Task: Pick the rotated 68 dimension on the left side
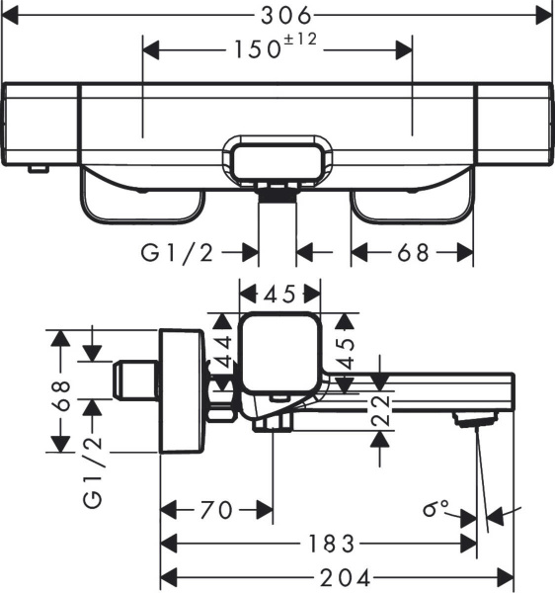tap(60, 395)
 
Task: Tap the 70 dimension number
tap(216, 510)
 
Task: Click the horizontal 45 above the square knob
tap(280, 293)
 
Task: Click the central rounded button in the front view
tap(280, 158)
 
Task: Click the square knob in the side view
tap(280, 351)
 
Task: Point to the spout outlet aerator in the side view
tap(474, 420)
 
